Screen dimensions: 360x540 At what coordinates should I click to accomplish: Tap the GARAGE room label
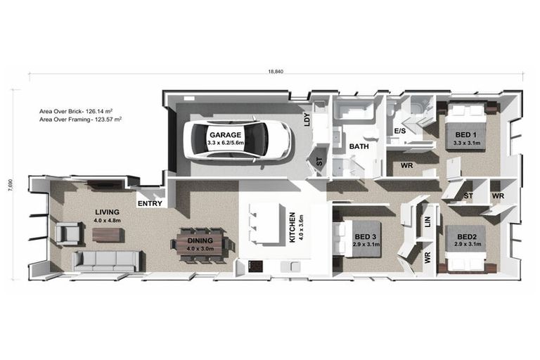tap(225, 135)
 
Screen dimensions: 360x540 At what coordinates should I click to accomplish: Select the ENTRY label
tap(150, 204)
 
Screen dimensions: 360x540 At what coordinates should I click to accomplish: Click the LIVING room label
tap(108, 212)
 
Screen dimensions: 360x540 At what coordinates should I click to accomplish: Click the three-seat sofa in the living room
tap(105, 260)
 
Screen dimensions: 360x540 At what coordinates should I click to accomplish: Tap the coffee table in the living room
tap(108, 234)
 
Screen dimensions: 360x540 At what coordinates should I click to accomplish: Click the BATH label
tap(359, 147)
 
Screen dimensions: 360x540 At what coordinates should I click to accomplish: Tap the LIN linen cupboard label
tap(427, 221)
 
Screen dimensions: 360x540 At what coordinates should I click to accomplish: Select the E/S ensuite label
tap(400, 131)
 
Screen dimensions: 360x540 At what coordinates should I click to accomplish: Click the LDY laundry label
tap(307, 121)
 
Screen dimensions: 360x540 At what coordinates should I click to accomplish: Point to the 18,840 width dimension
tap(276, 72)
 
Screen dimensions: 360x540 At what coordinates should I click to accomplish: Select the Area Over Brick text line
tap(81, 111)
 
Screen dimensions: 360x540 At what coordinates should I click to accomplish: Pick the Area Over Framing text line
tap(81, 120)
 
